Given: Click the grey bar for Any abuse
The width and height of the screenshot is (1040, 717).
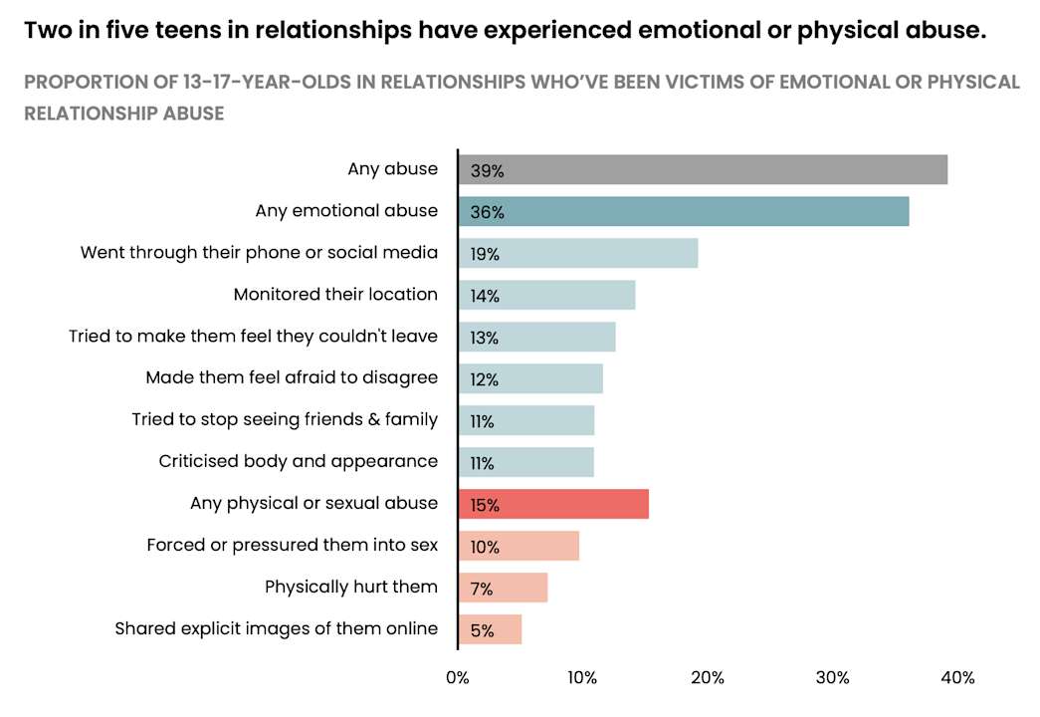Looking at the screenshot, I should (703, 170).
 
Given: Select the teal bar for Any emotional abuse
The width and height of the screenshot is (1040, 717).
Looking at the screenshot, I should (684, 212).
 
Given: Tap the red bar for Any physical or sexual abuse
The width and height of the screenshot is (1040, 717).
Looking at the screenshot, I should (553, 505).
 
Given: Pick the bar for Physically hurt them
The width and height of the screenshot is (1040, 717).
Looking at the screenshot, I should (504, 589).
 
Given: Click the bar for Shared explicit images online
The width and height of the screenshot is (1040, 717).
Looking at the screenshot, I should (491, 630).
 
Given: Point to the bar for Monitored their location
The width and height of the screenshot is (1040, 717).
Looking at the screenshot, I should (546, 296).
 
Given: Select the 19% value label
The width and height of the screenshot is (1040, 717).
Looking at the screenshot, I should (486, 255).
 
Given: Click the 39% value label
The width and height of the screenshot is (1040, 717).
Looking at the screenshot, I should (487, 171).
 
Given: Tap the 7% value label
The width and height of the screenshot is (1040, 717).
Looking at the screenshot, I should (482, 590).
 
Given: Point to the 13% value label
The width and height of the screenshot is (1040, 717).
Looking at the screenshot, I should (485, 339).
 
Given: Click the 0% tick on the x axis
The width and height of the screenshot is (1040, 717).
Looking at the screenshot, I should (458, 678).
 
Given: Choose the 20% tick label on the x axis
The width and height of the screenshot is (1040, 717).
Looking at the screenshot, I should (708, 678).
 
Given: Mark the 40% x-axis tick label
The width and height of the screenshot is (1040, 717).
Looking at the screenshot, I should (957, 678).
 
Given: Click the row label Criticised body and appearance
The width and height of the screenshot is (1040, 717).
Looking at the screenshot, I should (298, 461).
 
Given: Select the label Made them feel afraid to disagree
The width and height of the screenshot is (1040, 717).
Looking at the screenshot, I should (292, 377).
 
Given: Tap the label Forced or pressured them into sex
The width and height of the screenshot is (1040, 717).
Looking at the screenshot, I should (292, 545).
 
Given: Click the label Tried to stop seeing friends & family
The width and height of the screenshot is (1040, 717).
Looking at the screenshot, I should (285, 419).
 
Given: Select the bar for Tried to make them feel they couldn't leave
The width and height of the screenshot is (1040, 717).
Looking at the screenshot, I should (537, 338).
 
